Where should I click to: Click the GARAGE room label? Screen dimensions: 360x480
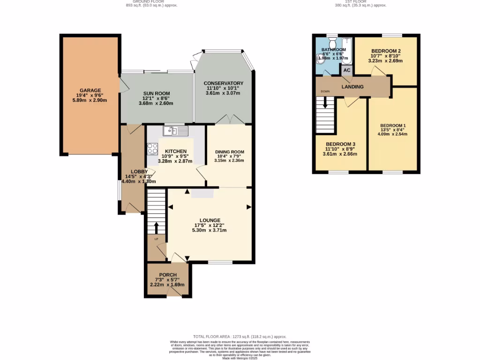(90, 90)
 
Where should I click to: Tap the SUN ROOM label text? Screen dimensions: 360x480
(156, 93)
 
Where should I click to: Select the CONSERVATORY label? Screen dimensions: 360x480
(223, 83)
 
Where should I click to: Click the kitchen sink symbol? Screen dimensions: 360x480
(176, 130)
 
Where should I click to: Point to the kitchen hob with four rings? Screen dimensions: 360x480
(153, 149)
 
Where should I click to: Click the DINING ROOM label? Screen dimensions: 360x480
(230, 152)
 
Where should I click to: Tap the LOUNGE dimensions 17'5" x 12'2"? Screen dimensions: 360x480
(210, 225)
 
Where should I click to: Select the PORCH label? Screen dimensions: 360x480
(167, 275)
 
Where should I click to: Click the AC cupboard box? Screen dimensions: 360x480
(347, 70)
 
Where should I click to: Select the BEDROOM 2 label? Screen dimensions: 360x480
(386, 51)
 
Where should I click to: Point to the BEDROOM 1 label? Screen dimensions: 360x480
(393, 126)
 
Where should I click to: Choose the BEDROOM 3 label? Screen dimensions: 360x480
(341, 144)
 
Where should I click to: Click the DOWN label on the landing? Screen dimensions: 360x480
(325, 91)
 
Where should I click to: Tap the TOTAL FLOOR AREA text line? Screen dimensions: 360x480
(240, 337)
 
